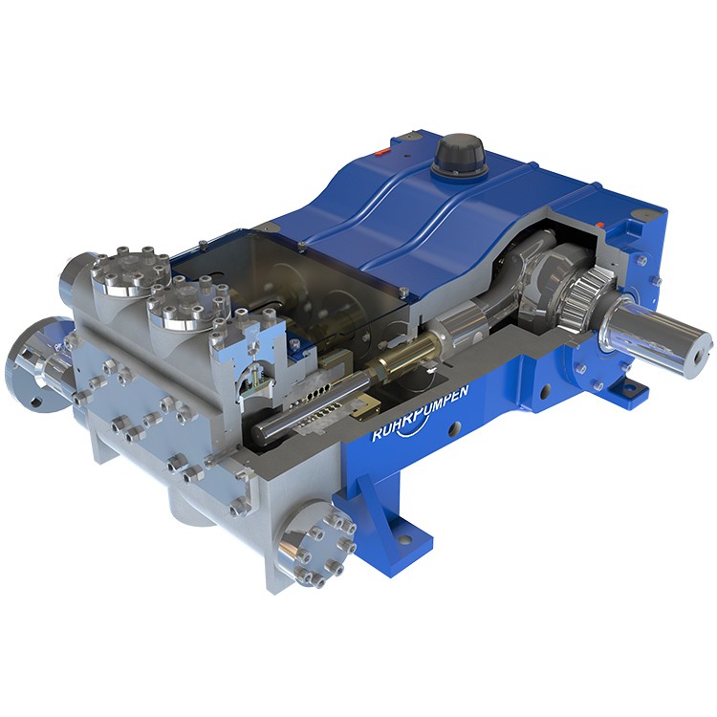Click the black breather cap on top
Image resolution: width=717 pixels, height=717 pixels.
458,156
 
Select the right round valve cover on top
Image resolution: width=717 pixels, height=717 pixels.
186,305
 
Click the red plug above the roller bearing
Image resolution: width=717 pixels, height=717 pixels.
599,223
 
